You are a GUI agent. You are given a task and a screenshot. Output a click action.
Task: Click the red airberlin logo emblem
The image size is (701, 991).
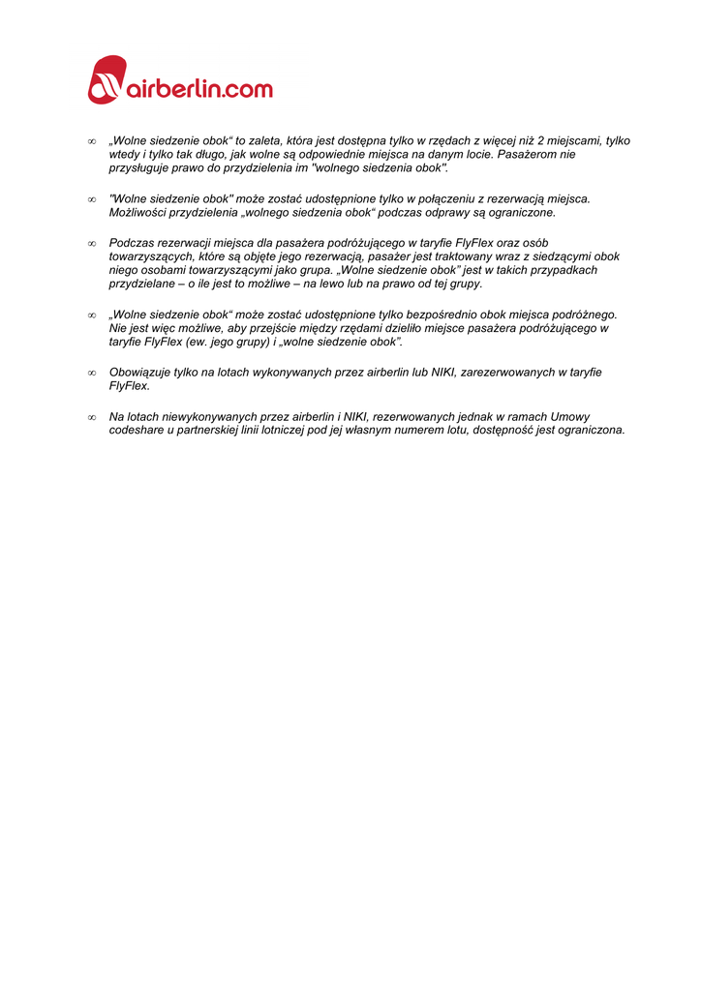tap(107, 79)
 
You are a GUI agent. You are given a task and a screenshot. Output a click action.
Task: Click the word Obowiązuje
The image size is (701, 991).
tap(139, 373)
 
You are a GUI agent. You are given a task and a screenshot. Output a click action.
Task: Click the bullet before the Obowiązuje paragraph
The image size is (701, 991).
tap(92, 373)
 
